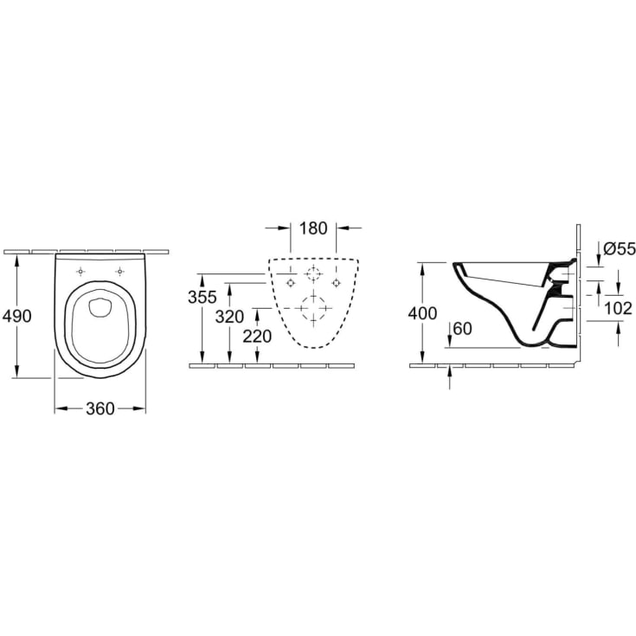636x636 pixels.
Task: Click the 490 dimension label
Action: [x=18, y=316]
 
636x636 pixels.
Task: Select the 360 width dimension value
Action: [x=100, y=408]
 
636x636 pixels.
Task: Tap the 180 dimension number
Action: [x=312, y=228]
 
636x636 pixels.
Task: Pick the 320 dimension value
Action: [x=229, y=317]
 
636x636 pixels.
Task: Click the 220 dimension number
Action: [x=257, y=337]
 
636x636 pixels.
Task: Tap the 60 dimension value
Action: [x=463, y=329]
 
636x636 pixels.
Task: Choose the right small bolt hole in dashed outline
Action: [x=335, y=282]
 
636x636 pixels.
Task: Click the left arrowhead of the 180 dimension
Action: [x=285, y=228]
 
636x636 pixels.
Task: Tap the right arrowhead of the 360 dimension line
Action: [x=141, y=408]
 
